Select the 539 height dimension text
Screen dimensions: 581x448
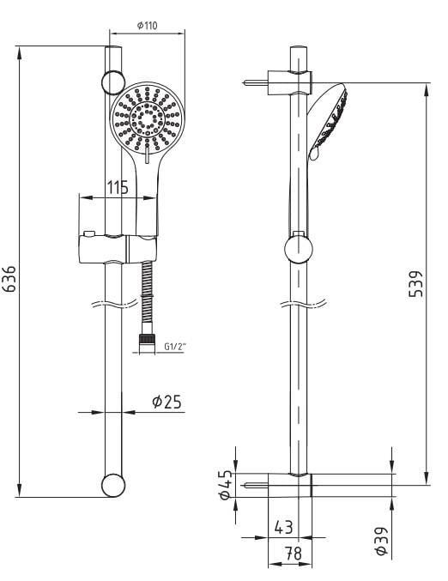click(x=414, y=283)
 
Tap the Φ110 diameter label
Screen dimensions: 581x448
click(x=148, y=25)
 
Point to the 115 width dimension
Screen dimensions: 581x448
click(x=117, y=186)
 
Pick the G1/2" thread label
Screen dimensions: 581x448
click(x=175, y=348)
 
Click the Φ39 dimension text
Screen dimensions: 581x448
click(x=381, y=542)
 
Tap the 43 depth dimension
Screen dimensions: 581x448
click(x=284, y=525)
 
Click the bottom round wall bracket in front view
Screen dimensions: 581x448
click(x=112, y=485)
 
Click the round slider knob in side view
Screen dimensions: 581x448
click(x=298, y=250)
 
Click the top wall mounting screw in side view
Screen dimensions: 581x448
click(x=255, y=82)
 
